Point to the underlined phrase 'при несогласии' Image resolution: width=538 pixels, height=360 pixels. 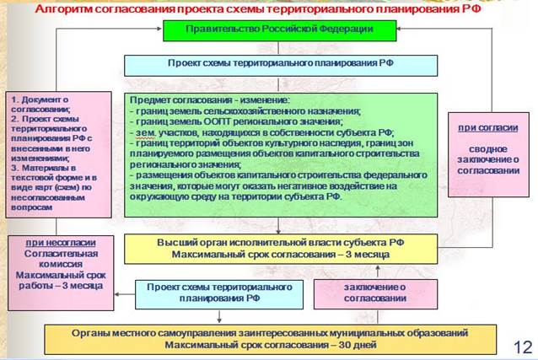pos(55,242)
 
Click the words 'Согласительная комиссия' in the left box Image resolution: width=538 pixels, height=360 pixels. pos(55,259)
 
